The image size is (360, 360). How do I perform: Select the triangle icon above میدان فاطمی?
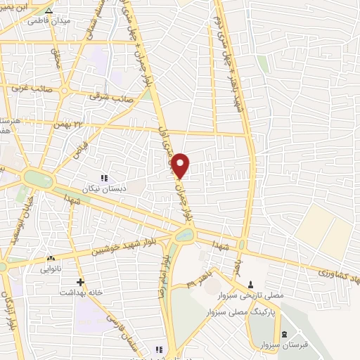click(48, 11)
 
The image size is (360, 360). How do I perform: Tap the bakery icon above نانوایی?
click(51, 259)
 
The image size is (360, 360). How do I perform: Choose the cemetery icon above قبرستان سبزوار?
click(283, 334)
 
